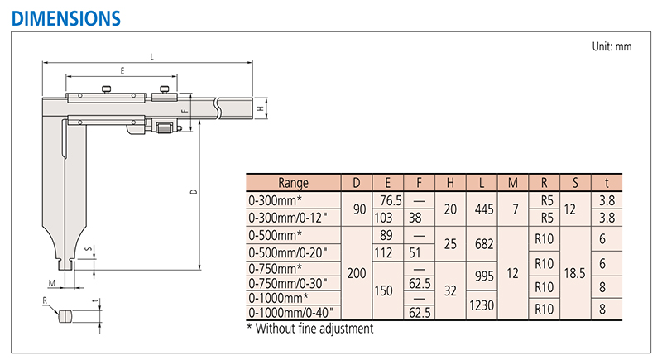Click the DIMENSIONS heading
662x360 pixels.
[66, 18]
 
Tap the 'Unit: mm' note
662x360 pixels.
[612, 46]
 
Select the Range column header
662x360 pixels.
[293, 183]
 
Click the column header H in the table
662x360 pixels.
[450, 183]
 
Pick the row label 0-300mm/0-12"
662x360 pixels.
[287, 218]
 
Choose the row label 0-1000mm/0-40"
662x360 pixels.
[290, 313]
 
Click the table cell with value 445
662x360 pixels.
[484, 209]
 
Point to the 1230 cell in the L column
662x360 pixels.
[482, 305]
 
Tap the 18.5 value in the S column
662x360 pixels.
[574, 273]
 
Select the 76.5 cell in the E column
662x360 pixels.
[391, 200]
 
